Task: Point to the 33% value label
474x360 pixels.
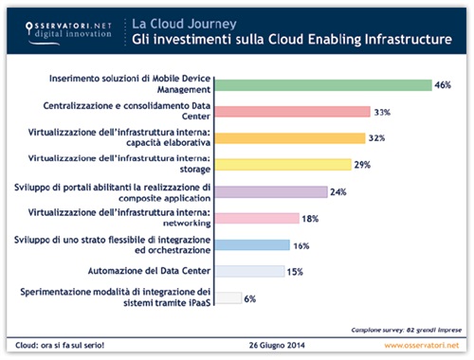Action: [384, 111]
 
